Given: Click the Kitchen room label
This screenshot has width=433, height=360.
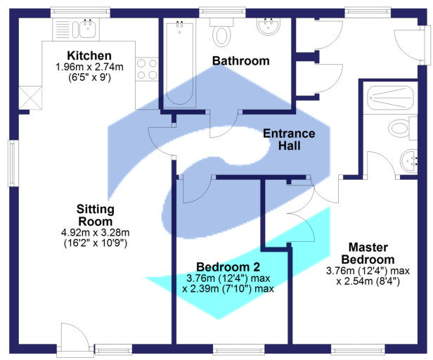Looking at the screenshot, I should point(89,56).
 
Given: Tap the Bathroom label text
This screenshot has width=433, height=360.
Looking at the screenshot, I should point(240,61).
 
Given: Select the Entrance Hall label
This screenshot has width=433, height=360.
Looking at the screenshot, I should point(288,140).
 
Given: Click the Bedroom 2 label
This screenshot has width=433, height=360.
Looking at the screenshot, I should point(228,267).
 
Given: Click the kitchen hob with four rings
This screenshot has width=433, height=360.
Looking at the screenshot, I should point(146,70).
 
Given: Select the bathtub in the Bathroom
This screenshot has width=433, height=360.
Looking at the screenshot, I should point(179,63).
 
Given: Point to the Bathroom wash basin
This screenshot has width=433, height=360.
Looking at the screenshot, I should point(268,28).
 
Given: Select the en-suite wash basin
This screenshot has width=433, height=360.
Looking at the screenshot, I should point(410,162).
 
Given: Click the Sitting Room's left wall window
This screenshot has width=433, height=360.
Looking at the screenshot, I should point(12,163).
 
